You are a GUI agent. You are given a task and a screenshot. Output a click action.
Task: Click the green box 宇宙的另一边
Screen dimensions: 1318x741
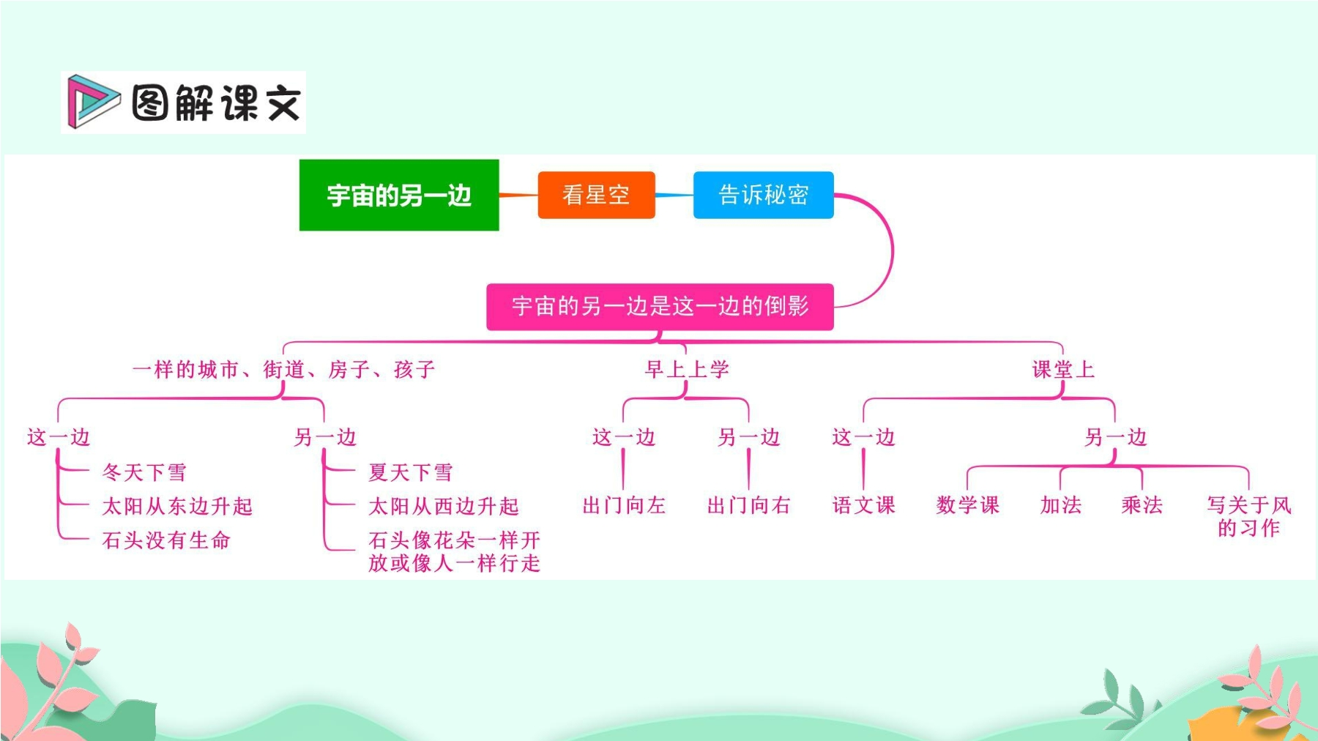(399, 195)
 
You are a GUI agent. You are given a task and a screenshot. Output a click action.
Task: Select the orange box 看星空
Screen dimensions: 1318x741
(596, 195)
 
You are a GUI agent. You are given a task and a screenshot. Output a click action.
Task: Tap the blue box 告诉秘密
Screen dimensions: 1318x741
(764, 195)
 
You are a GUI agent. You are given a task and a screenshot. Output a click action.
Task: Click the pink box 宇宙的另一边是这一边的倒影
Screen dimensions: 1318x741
(660, 306)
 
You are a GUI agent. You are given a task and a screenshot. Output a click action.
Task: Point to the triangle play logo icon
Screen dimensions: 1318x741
(92, 101)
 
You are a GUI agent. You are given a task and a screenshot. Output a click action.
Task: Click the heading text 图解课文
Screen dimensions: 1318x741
(217, 103)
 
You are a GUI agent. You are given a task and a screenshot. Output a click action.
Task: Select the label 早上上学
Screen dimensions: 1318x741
(687, 369)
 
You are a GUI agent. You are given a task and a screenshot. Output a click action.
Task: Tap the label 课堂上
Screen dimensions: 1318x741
(1063, 369)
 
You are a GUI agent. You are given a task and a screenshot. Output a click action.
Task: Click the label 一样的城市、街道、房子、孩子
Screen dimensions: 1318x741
(284, 369)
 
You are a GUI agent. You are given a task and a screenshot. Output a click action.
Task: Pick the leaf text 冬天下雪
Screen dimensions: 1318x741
(144, 472)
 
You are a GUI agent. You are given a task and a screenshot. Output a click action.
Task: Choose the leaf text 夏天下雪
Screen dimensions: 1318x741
(411, 472)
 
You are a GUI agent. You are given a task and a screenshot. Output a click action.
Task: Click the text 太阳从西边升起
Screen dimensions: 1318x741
(444, 506)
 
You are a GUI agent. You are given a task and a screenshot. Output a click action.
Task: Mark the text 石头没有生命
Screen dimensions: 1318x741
(167, 540)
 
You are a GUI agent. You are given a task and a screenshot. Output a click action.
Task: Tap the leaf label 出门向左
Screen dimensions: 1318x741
(624, 505)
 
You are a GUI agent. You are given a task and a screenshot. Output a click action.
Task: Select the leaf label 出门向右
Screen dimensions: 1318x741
(748, 505)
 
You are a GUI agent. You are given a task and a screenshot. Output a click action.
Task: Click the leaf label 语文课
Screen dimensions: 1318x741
(864, 505)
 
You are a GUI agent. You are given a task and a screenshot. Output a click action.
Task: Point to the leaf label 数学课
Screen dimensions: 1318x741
(968, 505)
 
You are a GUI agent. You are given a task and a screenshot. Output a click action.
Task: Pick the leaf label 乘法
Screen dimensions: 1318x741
(1142, 505)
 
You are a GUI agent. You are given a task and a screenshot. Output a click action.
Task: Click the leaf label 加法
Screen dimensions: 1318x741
(1061, 505)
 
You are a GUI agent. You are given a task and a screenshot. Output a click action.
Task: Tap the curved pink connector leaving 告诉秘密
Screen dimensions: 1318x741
(893, 250)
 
